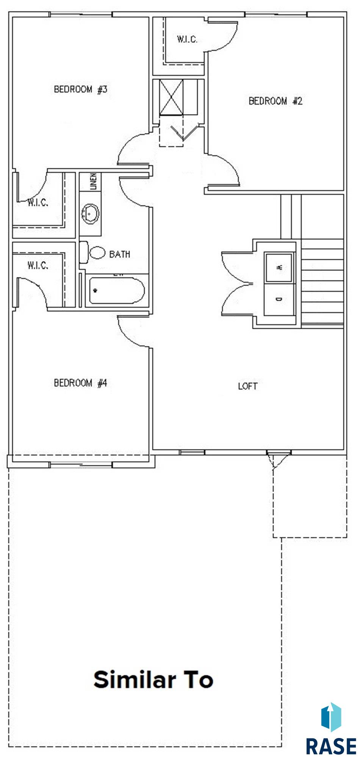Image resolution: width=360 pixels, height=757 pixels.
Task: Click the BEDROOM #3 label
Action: coord(81,89)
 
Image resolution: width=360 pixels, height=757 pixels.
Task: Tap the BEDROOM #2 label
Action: coord(275,101)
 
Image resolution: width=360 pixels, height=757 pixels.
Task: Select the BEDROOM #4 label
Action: coord(81,383)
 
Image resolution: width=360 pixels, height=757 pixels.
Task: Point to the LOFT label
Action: coord(248,386)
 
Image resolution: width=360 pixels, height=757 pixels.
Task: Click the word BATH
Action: coord(120,254)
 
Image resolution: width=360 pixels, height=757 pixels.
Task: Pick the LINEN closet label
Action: coord(93,181)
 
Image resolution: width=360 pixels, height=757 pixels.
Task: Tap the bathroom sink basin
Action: coord(90,214)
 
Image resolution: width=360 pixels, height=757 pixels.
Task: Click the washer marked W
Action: coord(279,267)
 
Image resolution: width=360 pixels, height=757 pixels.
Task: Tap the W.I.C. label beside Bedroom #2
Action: coord(187,39)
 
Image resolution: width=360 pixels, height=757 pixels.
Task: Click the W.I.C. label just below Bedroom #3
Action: coord(38,203)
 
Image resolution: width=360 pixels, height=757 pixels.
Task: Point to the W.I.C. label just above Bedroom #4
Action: coord(38,265)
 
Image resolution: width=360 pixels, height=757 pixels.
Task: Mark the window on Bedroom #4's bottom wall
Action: coord(81,465)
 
